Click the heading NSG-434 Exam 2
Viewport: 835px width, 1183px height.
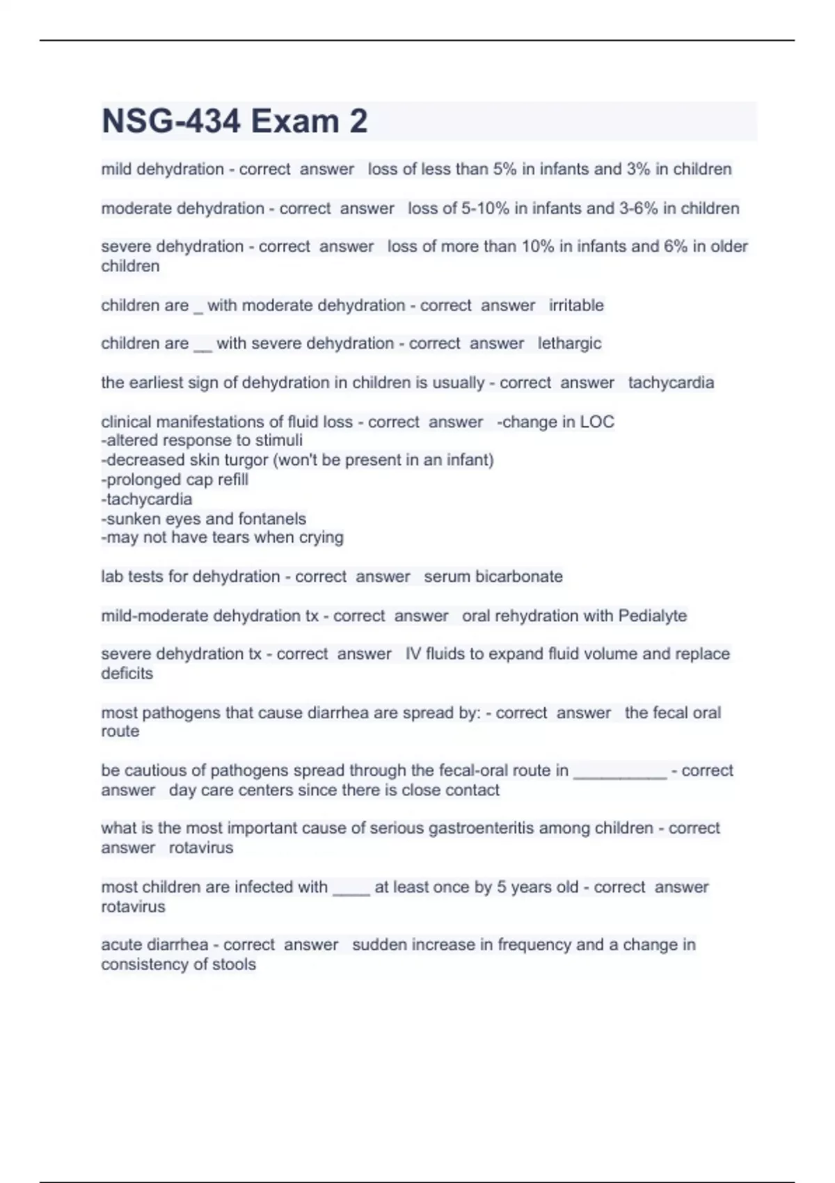pos(234,121)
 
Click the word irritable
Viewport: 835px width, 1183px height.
pos(576,305)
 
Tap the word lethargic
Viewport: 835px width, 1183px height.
pos(569,344)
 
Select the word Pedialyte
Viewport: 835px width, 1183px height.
pos(652,616)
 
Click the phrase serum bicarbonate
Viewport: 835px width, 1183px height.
pos(493,577)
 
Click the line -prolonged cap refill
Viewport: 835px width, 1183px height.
pos(175,479)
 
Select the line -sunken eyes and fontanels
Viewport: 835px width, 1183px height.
pos(203,518)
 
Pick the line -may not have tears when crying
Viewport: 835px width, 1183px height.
pos(222,537)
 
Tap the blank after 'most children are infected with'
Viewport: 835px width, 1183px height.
pos(351,889)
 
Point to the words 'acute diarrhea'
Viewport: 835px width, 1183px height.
pos(154,945)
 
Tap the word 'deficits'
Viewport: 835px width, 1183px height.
pos(127,674)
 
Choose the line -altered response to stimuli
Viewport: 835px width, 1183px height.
pos(202,440)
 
